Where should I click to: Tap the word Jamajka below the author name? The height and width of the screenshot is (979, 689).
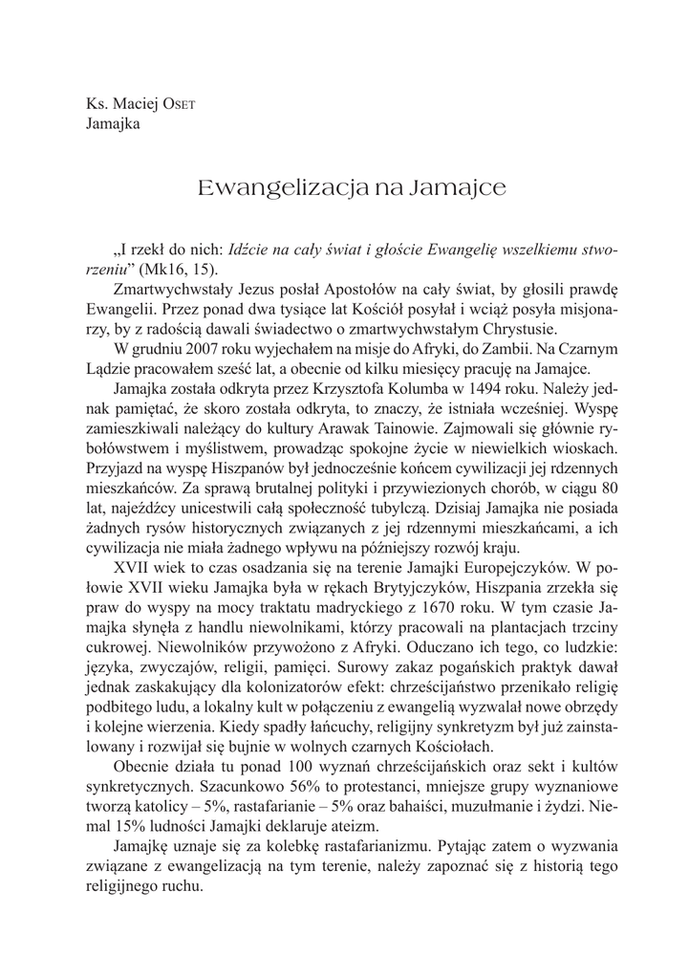(114, 122)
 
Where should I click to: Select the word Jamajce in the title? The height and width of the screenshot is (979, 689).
(455, 187)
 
